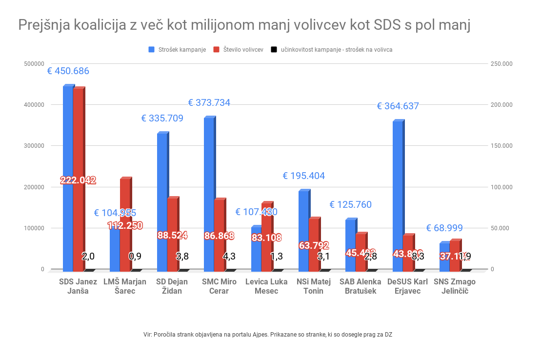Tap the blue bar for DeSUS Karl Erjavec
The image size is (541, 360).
tap(398, 195)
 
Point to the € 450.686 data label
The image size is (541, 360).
tap(68, 71)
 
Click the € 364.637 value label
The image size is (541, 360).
tap(398, 106)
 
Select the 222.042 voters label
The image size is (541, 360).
tap(78, 180)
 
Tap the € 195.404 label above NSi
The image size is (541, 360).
tap(303, 176)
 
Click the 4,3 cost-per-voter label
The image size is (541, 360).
tap(229, 256)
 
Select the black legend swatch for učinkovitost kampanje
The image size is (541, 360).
tap(274, 50)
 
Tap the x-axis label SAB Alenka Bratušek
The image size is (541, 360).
tap(361, 286)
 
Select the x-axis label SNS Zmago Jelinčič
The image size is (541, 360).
tap(454, 286)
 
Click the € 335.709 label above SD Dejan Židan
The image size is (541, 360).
tap(162, 118)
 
